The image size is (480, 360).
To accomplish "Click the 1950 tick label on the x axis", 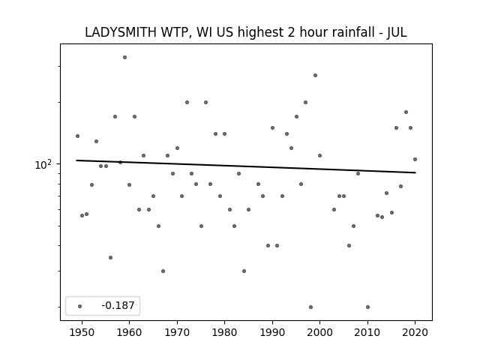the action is (x=82, y=332).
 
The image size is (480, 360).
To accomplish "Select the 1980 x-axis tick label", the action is (x=224, y=332).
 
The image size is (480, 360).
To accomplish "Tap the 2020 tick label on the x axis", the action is (x=415, y=332).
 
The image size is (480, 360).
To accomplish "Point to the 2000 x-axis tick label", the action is (x=320, y=332).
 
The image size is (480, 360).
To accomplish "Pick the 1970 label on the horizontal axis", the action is (x=177, y=332).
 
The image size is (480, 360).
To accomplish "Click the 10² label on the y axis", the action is (x=43, y=165).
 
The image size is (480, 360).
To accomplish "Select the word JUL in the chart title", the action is (x=397, y=32).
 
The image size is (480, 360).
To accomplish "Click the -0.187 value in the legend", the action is (x=118, y=305).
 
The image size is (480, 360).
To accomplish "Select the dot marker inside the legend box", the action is (x=80, y=306).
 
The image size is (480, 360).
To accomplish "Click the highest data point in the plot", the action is (x=125, y=57).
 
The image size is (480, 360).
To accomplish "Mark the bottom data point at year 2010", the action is (x=367, y=307).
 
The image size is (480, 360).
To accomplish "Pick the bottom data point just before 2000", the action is (x=310, y=307).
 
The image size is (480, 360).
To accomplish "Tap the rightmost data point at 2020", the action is (x=415, y=159).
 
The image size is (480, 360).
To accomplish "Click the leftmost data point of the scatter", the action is (x=77, y=136).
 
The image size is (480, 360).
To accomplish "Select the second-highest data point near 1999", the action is (x=315, y=75).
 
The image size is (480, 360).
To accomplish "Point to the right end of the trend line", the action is (x=415, y=172).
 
